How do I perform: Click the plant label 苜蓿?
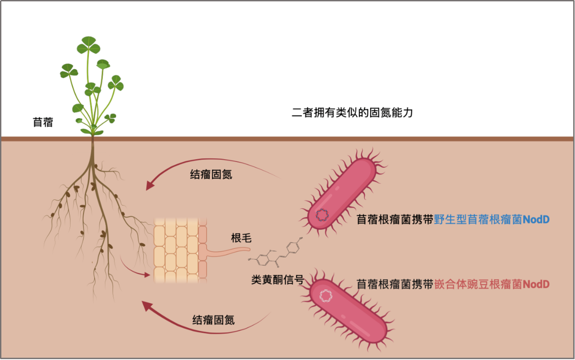pos(43,122)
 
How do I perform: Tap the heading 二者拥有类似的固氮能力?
pos(352,112)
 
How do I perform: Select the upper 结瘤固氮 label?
pos(211,175)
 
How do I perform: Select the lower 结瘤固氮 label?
pos(213,320)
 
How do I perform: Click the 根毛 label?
pos(241,238)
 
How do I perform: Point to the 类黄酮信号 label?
pos(278,280)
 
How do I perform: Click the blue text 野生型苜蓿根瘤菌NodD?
pos(491,219)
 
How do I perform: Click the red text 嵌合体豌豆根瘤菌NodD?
pos(492,284)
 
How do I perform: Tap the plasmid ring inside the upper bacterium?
pos(322,215)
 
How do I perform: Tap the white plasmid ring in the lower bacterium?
pos(326,296)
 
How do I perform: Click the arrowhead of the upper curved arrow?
pos(150,185)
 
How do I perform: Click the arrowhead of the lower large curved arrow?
pos(147,306)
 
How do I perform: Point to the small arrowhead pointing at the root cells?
pos(147,275)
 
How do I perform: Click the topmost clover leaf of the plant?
pos(88,45)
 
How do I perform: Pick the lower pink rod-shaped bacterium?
pos(348,311)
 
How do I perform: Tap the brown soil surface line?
pos(287,139)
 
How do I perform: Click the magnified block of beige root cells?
pos(180,250)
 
